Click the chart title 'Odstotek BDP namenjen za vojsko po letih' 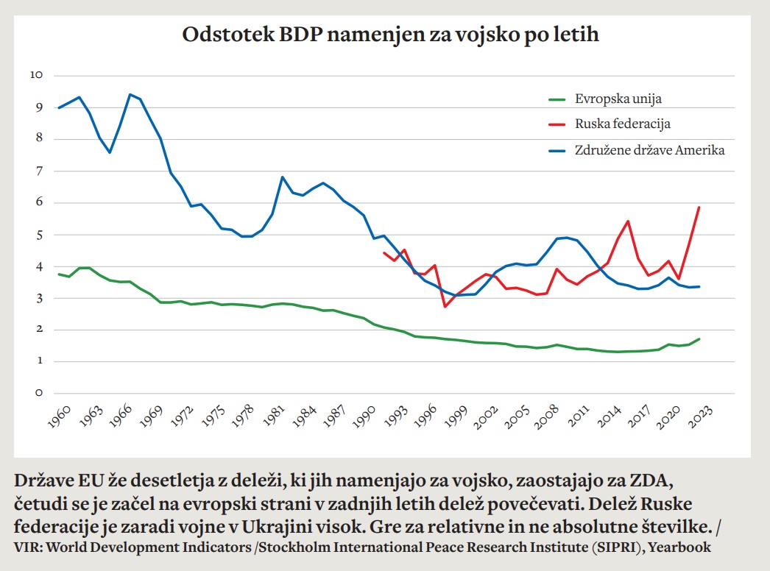390,35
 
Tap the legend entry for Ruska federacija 623,124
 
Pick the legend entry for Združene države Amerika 650,150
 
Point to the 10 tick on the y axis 37,75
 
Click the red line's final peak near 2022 699,208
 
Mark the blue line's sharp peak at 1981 283,177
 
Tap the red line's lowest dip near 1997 444,306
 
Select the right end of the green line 699,339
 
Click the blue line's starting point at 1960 59,108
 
